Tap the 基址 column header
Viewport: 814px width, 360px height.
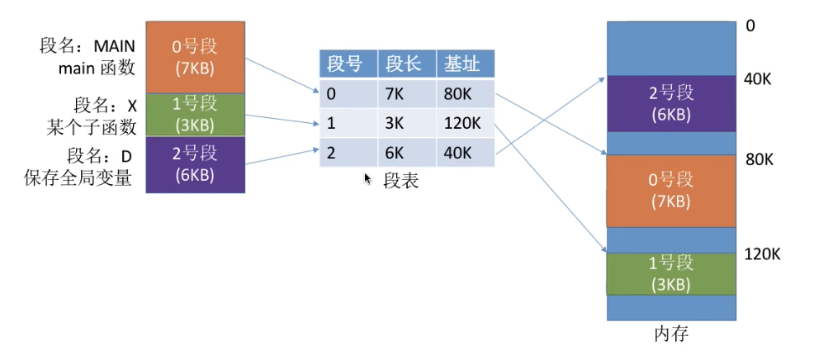coord(465,64)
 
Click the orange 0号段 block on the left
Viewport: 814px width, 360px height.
coord(195,58)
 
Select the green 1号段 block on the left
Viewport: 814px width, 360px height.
coord(195,116)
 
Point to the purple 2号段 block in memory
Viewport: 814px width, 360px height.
coord(672,103)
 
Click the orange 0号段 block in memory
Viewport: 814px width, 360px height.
coord(672,191)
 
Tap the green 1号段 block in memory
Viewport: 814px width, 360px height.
coord(672,274)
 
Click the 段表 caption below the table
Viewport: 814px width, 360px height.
coord(401,180)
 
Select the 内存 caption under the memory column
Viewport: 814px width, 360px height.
coord(672,334)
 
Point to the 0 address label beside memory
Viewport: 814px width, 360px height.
coord(750,26)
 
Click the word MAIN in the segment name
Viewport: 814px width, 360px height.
coord(114,47)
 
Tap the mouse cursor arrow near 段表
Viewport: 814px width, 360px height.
coord(367,178)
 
